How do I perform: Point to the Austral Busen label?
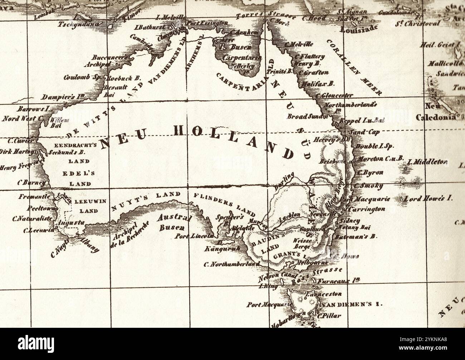(174, 222)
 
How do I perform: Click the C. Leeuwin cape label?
(39, 230)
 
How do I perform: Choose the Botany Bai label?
(353, 228)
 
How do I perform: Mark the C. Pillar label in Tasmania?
(329, 316)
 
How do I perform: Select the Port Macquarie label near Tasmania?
(268, 305)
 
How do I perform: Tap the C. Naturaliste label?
(32, 218)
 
